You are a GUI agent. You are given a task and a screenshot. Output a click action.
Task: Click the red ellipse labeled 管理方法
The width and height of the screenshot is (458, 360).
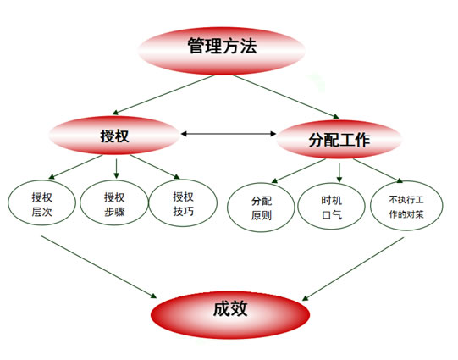click(222, 51)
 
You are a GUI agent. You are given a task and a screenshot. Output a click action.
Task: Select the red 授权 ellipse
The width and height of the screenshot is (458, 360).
click(114, 136)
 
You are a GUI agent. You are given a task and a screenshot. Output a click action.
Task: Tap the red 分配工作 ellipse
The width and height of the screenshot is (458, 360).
click(339, 140)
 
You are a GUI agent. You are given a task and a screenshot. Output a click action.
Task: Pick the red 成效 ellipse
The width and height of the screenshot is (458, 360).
click(230, 315)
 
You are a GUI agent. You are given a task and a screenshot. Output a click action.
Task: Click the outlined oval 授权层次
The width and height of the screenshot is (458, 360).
click(41, 202)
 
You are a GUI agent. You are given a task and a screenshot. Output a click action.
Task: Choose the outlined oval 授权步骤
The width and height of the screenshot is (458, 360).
click(114, 202)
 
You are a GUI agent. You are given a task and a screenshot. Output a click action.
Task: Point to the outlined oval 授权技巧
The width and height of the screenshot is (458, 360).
click(183, 202)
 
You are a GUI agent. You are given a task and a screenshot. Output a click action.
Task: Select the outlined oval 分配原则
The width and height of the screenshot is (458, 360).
click(261, 208)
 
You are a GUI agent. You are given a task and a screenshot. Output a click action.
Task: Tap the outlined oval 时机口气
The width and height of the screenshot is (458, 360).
click(332, 207)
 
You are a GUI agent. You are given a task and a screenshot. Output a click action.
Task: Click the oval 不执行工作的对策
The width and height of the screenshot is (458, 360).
click(406, 206)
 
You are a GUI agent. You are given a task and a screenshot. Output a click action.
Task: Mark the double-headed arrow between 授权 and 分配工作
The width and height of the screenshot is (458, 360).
click(229, 134)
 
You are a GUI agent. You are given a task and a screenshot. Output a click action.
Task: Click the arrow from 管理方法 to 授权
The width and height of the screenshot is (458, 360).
click(163, 95)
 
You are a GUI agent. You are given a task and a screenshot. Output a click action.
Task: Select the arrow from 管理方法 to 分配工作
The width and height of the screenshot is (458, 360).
click(286, 97)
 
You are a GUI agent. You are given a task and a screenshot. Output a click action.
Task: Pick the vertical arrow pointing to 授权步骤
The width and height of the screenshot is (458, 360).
click(116, 169)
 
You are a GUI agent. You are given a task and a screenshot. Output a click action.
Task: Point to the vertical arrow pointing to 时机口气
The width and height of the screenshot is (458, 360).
click(339, 173)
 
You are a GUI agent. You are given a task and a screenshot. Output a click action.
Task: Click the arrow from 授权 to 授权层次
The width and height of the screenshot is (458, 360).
click(75, 167)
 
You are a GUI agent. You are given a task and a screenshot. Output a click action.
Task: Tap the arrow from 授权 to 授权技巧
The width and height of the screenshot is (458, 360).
click(155, 167)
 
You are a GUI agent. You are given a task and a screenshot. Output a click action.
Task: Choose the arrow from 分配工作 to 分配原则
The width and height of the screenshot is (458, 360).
click(299, 170)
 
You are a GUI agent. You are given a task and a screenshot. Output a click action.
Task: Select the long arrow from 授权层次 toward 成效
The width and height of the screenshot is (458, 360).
click(99, 267)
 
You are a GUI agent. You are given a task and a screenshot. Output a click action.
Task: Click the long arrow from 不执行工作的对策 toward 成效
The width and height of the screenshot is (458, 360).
click(353, 269)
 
